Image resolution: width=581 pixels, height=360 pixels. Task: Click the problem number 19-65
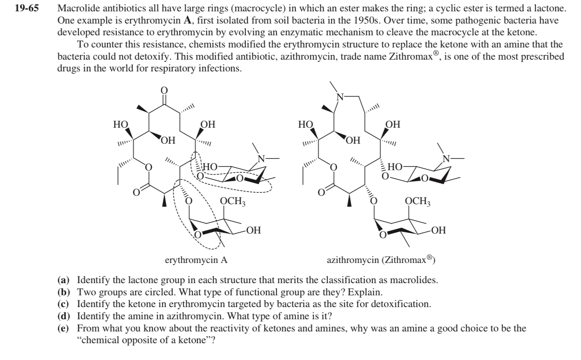coord(26,8)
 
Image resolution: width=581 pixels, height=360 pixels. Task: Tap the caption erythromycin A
coord(196,260)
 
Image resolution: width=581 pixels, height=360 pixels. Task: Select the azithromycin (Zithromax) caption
coord(381,260)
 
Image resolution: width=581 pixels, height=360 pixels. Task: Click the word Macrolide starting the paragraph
coord(75,8)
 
